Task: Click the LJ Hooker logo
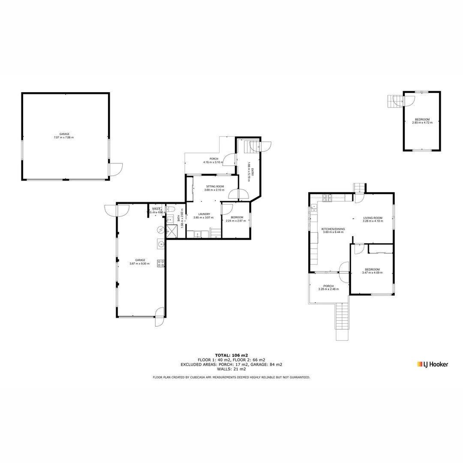pos(433,364)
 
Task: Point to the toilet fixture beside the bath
pos(170,209)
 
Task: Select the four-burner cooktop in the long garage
pos(161,263)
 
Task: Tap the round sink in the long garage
pos(160,245)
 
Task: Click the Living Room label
pos(373,218)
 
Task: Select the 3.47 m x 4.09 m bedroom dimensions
pos(371,273)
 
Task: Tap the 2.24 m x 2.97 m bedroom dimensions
pos(237,221)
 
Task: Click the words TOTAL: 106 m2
pos(231,355)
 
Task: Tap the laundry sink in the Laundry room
pos(198,234)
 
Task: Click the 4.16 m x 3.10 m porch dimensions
pos(211,162)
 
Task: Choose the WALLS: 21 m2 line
pos(231,369)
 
